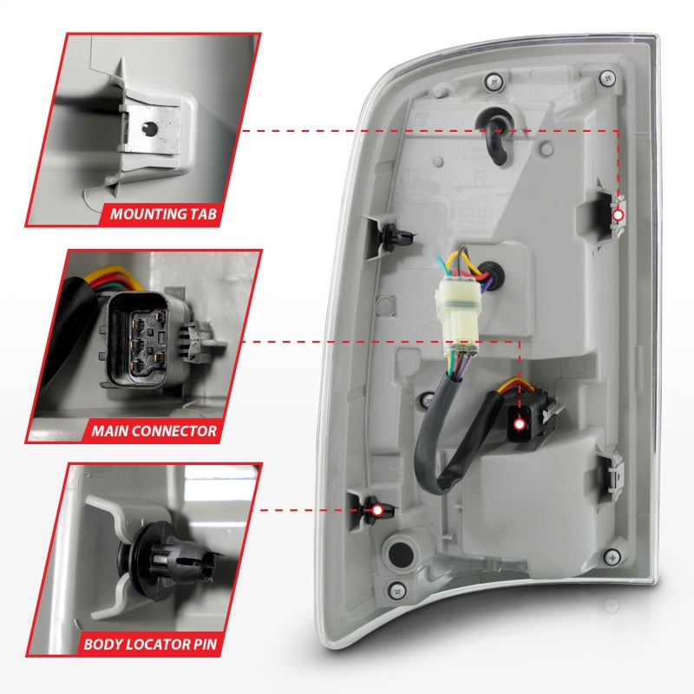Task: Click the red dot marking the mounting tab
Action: click(x=619, y=215)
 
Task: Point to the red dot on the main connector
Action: click(x=520, y=425)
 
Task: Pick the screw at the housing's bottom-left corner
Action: click(x=398, y=590)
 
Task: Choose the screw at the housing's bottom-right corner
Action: click(x=614, y=555)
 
